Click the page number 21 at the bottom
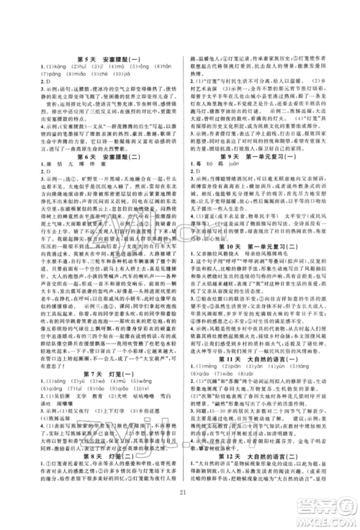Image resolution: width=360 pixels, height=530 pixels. pyautogui.click(x=180, y=510)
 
